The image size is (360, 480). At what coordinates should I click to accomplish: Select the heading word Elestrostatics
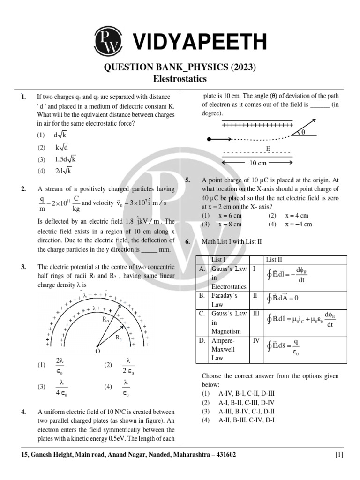[180, 79]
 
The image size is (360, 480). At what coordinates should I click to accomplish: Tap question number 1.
[23, 97]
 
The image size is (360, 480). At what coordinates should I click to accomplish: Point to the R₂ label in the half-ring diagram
[106, 320]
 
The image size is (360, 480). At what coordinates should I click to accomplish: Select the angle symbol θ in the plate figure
[303, 133]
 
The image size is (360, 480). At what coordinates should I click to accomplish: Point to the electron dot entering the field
[209, 139]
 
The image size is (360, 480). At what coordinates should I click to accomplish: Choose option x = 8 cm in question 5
[230, 224]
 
